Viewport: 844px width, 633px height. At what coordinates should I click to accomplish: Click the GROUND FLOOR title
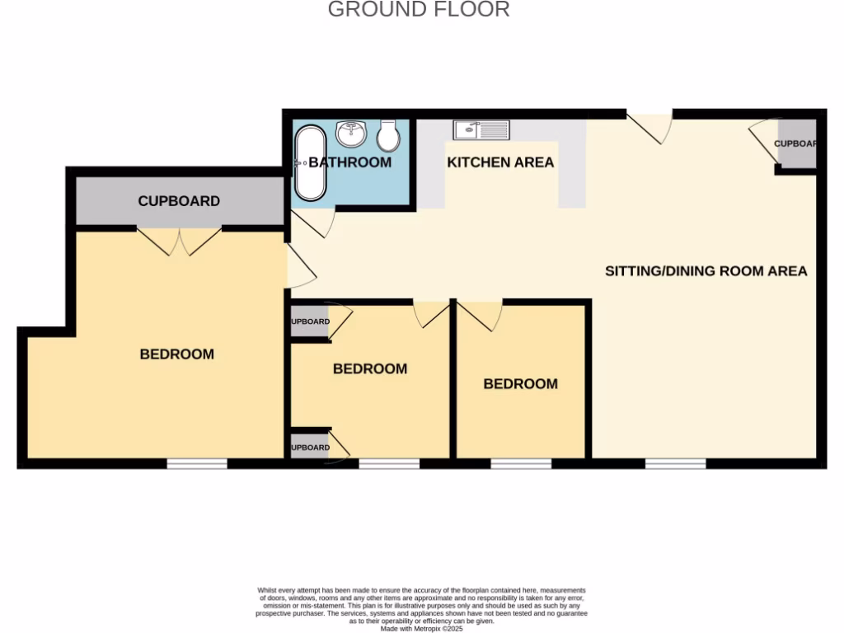[x=419, y=10]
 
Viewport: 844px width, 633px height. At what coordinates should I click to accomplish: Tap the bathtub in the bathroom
[x=311, y=162]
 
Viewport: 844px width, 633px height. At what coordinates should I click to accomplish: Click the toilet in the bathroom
[x=388, y=134]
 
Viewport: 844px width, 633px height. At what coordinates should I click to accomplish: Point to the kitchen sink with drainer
[x=481, y=129]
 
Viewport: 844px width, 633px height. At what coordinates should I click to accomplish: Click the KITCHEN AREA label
[x=500, y=162]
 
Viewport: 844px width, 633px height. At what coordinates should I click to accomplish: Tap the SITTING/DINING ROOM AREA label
[x=706, y=271]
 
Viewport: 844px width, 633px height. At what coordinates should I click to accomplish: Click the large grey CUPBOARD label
[x=179, y=201]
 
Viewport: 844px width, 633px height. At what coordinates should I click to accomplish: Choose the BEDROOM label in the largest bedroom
[x=176, y=354]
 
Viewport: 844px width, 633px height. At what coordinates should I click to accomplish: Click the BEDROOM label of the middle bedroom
[x=369, y=369]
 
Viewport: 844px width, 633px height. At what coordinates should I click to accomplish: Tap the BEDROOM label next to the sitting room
[x=520, y=384]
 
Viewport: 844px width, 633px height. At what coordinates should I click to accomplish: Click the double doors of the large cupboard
[x=180, y=240]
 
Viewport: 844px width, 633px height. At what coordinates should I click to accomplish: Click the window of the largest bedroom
[x=197, y=465]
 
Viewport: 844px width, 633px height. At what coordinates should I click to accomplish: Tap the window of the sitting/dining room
[x=675, y=465]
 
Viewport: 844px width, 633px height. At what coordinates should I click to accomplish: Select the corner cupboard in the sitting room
[x=796, y=143]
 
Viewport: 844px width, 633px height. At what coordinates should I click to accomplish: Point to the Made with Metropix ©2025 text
[x=422, y=628]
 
